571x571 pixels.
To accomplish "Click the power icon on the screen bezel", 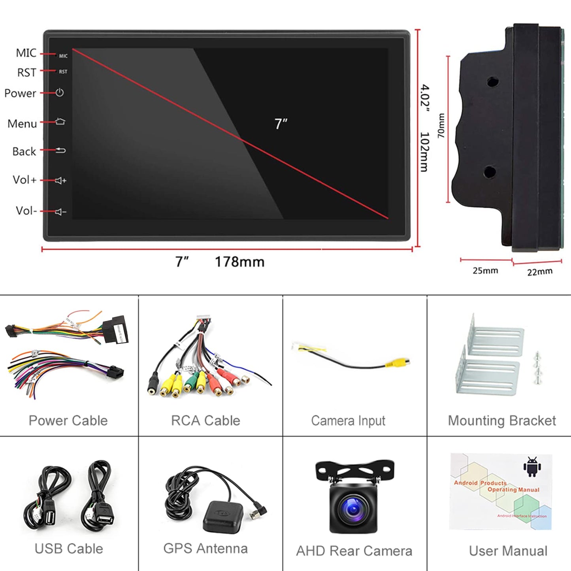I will (60, 92).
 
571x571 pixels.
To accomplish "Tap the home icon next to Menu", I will (60, 121).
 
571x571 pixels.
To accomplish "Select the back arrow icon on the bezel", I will (60, 150).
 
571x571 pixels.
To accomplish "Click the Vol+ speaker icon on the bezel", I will (60, 181).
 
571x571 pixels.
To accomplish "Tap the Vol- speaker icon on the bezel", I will (60, 212).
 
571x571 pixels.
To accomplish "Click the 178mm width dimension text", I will (239, 262).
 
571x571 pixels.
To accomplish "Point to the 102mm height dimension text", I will (424, 152).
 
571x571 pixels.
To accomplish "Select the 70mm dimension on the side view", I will (441, 126).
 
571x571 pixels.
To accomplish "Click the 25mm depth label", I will (485, 271).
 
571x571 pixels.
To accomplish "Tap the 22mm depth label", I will (540, 272).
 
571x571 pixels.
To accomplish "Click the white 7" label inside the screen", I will (281, 124).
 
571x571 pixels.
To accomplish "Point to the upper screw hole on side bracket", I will (492, 82).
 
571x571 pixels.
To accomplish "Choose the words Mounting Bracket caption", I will (502, 421).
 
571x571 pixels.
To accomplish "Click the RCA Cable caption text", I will (205, 421).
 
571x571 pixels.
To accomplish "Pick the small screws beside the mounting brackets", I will (537, 367).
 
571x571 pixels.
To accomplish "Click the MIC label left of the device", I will (26, 53).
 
